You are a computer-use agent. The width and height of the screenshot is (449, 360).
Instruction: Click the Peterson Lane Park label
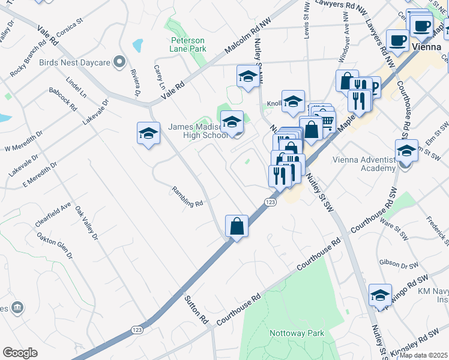pyautogui.click(x=187, y=44)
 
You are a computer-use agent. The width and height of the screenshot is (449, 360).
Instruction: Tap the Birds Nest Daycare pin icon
pyautogui.click(x=119, y=62)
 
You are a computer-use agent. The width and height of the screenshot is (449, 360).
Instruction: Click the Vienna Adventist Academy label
pyautogui.click(x=361, y=164)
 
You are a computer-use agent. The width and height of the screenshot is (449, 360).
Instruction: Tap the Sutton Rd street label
pyautogui.click(x=196, y=308)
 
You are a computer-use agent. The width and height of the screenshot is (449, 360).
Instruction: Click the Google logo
pyautogui.click(x=20, y=353)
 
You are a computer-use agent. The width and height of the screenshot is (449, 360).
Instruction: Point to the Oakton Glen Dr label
pyautogui.click(x=55, y=247)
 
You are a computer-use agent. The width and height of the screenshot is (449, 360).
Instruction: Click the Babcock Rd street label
pyautogui.click(x=64, y=100)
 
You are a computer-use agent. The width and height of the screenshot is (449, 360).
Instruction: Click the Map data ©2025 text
pyautogui.click(x=424, y=355)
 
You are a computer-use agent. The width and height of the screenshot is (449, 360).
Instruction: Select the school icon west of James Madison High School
pyautogui.click(x=148, y=133)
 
